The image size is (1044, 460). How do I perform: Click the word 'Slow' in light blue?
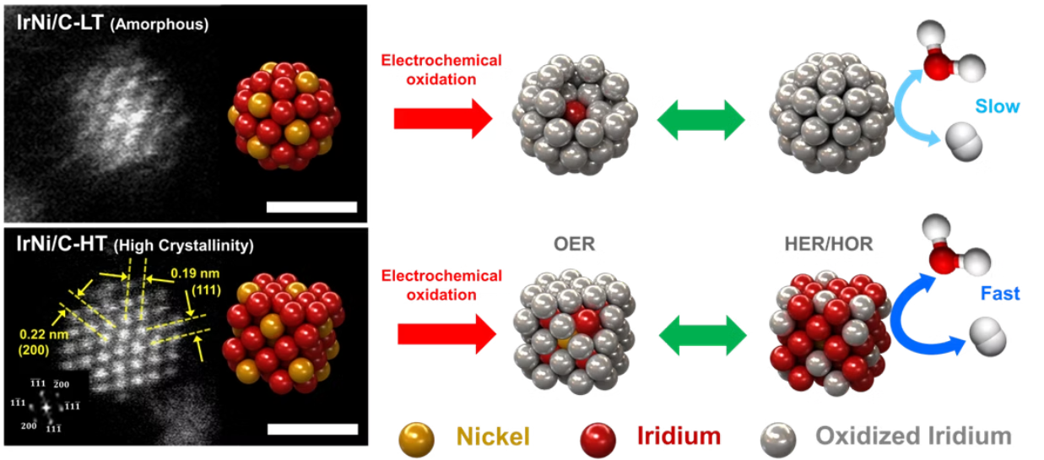click(x=998, y=107)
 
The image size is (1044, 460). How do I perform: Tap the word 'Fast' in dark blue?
click(x=999, y=294)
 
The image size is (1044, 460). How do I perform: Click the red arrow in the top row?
click(x=442, y=119)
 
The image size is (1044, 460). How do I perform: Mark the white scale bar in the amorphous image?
click(x=311, y=207)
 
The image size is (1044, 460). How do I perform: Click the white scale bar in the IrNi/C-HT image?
click(x=312, y=429)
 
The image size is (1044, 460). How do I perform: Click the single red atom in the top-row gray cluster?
click(x=575, y=113)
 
